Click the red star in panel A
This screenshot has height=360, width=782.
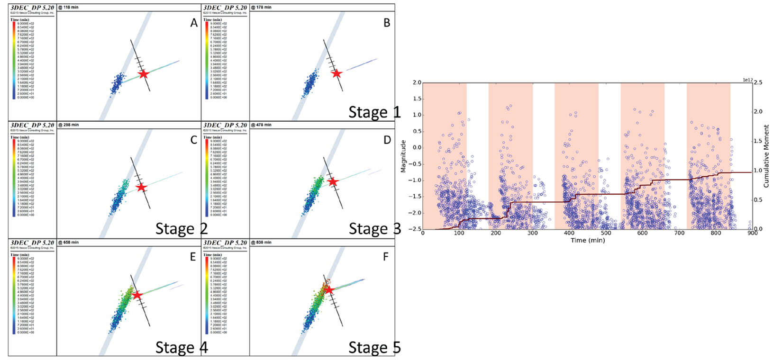[x=144, y=74]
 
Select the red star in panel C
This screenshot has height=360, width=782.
[x=141, y=188]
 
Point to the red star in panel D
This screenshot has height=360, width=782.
[x=333, y=182]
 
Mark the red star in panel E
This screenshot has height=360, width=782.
[x=137, y=295]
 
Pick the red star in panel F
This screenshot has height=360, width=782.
[x=328, y=290]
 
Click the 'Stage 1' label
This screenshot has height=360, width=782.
[x=374, y=112]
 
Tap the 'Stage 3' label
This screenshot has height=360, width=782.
[x=374, y=229]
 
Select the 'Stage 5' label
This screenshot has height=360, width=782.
[x=374, y=348]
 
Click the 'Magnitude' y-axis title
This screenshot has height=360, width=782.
[x=403, y=156]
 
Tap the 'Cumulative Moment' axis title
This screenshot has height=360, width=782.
[x=766, y=156]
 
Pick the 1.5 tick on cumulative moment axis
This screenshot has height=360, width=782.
[x=758, y=141]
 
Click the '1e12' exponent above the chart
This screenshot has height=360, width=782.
[x=747, y=80]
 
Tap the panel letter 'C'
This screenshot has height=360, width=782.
[x=194, y=140]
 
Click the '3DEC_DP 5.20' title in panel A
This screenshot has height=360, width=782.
[x=32, y=8]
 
